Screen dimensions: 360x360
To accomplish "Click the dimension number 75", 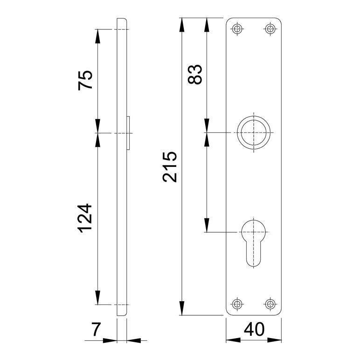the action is [x=85, y=80].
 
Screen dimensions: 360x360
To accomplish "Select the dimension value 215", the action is [x=170, y=166].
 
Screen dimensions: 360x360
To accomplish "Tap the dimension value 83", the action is [x=195, y=74].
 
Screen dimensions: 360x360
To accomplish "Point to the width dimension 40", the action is [x=254, y=329].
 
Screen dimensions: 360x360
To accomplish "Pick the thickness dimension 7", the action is [x=96, y=329].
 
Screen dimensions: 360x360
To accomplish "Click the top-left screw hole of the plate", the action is [x=237, y=29].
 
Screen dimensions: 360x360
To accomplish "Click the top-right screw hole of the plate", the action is [x=270, y=29].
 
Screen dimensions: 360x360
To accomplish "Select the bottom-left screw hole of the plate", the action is [x=237, y=304].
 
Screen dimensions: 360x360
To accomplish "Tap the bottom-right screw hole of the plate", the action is [x=270, y=304].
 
